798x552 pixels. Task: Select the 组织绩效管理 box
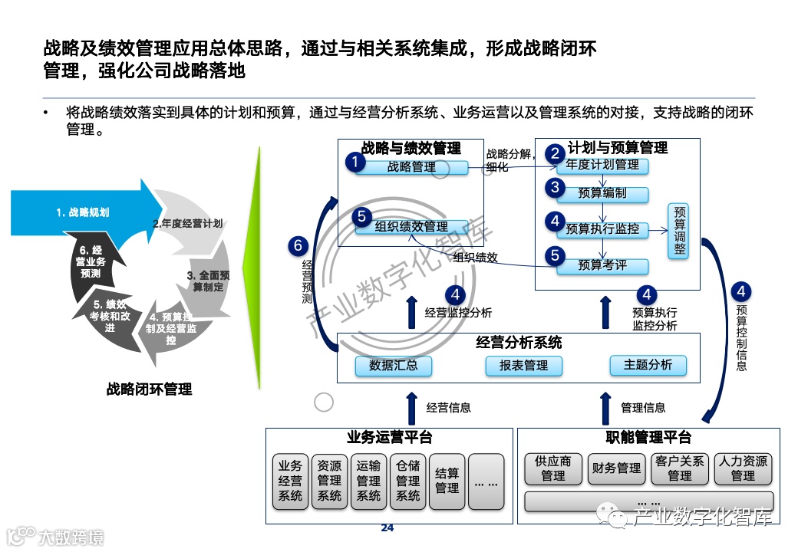(411, 227)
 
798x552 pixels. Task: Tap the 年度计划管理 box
(602, 165)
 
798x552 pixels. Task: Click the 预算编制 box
(602, 194)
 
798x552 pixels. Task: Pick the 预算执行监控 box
(602, 229)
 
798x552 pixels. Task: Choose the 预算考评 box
(602, 266)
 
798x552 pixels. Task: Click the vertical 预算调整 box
(679, 230)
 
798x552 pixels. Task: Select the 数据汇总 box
(393, 366)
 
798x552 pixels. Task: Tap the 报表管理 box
(523, 366)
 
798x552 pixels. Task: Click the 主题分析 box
(648, 366)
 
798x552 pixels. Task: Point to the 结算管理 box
(447, 481)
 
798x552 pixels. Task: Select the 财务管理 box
(616, 468)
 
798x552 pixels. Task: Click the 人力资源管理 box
(742, 468)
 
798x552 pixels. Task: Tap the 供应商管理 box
(552, 468)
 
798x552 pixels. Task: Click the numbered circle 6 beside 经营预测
(299, 246)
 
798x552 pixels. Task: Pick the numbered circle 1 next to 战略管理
(354, 162)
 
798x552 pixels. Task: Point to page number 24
(387, 528)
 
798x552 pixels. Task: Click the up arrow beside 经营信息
(412, 407)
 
